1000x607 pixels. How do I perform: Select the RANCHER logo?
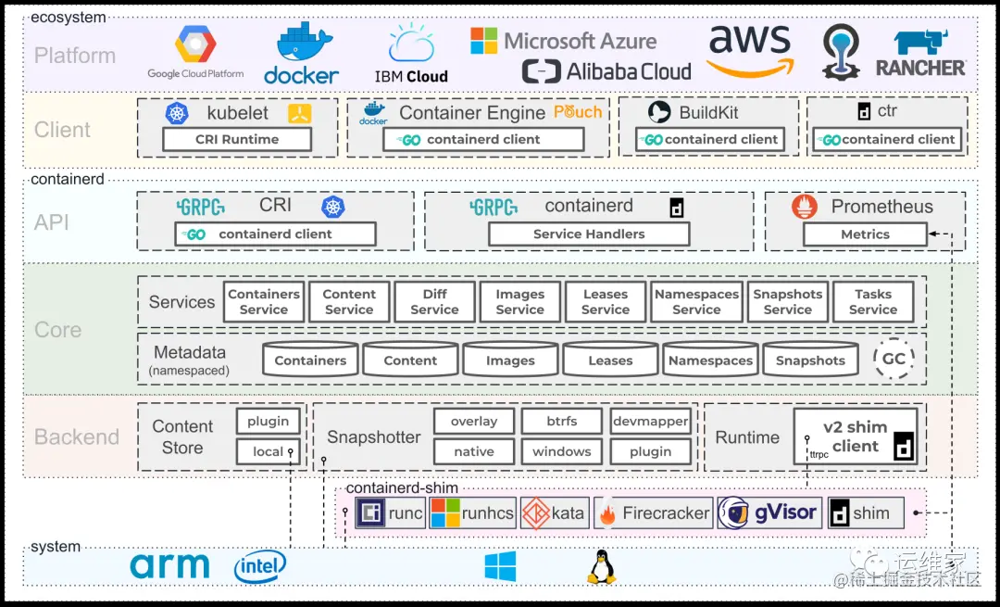pyautogui.click(x=920, y=54)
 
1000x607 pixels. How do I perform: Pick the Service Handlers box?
pyautogui.click(x=589, y=234)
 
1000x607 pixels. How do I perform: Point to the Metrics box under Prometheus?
pyautogui.click(x=865, y=234)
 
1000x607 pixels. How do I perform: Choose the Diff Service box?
pyautogui.click(x=434, y=302)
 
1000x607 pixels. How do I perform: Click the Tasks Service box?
pyautogui.click(x=872, y=302)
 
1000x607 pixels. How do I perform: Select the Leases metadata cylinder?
pyautogui.click(x=610, y=360)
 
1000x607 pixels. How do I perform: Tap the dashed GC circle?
pyautogui.click(x=894, y=360)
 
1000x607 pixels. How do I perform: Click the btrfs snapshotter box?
pyautogui.click(x=561, y=421)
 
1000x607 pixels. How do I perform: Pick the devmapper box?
pyautogui.click(x=650, y=421)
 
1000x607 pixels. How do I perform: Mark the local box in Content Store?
pyautogui.click(x=269, y=451)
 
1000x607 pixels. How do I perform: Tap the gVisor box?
pyautogui.click(x=769, y=512)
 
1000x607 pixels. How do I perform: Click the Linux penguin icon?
pyautogui.click(x=601, y=566)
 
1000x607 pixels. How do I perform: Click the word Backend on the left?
pyautogui.click(x=77, y=436)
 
